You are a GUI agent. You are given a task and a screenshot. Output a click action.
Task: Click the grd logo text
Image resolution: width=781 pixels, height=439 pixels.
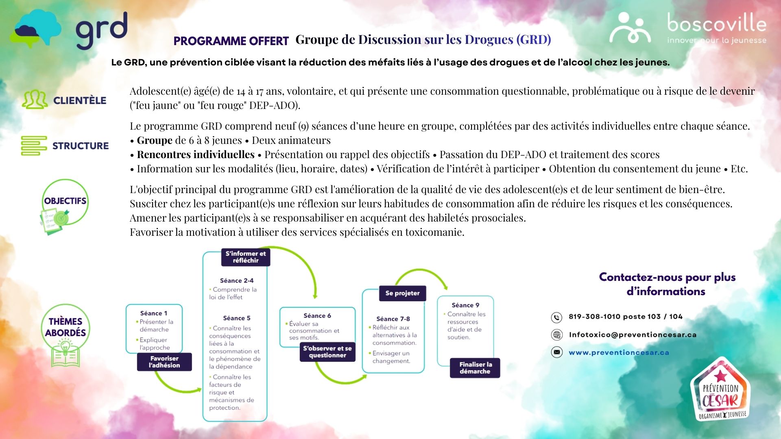102,30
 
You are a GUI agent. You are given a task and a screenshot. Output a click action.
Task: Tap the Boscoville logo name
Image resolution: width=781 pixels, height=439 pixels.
717,23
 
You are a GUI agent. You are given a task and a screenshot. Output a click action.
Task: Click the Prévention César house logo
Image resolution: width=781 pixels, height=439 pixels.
720,389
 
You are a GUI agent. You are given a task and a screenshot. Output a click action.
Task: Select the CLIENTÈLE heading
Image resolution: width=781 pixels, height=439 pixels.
80,100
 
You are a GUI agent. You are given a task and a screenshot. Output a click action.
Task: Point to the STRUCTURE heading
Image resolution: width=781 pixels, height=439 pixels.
81,146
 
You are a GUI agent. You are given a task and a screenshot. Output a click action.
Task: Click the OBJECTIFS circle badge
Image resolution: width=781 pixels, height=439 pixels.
65,201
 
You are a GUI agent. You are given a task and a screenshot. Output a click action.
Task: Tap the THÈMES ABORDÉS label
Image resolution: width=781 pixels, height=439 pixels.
65,327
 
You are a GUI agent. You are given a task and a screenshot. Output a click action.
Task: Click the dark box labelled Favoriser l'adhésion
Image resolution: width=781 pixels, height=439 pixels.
164,362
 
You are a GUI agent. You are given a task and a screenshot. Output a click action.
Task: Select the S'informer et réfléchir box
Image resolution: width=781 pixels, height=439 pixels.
246,257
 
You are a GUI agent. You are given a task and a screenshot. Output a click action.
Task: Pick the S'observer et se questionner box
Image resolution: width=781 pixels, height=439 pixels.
327,352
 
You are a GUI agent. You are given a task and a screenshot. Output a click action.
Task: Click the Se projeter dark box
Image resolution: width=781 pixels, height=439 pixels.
402,293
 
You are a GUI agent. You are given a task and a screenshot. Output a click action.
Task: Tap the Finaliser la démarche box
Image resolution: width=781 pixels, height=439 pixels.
475,368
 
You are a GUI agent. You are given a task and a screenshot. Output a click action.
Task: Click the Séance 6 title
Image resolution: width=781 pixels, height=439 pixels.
317,315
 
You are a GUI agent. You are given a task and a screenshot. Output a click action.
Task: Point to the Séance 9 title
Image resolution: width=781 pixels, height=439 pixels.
465,305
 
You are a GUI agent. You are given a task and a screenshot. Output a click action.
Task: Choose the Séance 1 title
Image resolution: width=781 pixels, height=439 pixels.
154,313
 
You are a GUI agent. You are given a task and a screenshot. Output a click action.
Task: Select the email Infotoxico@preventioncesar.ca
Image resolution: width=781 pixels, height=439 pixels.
633,335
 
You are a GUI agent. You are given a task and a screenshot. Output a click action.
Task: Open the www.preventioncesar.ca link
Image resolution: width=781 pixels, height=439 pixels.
619,352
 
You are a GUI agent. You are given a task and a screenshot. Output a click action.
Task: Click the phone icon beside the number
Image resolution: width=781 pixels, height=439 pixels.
556,317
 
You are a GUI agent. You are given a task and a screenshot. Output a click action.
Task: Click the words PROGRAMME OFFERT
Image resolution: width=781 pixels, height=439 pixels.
231,41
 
